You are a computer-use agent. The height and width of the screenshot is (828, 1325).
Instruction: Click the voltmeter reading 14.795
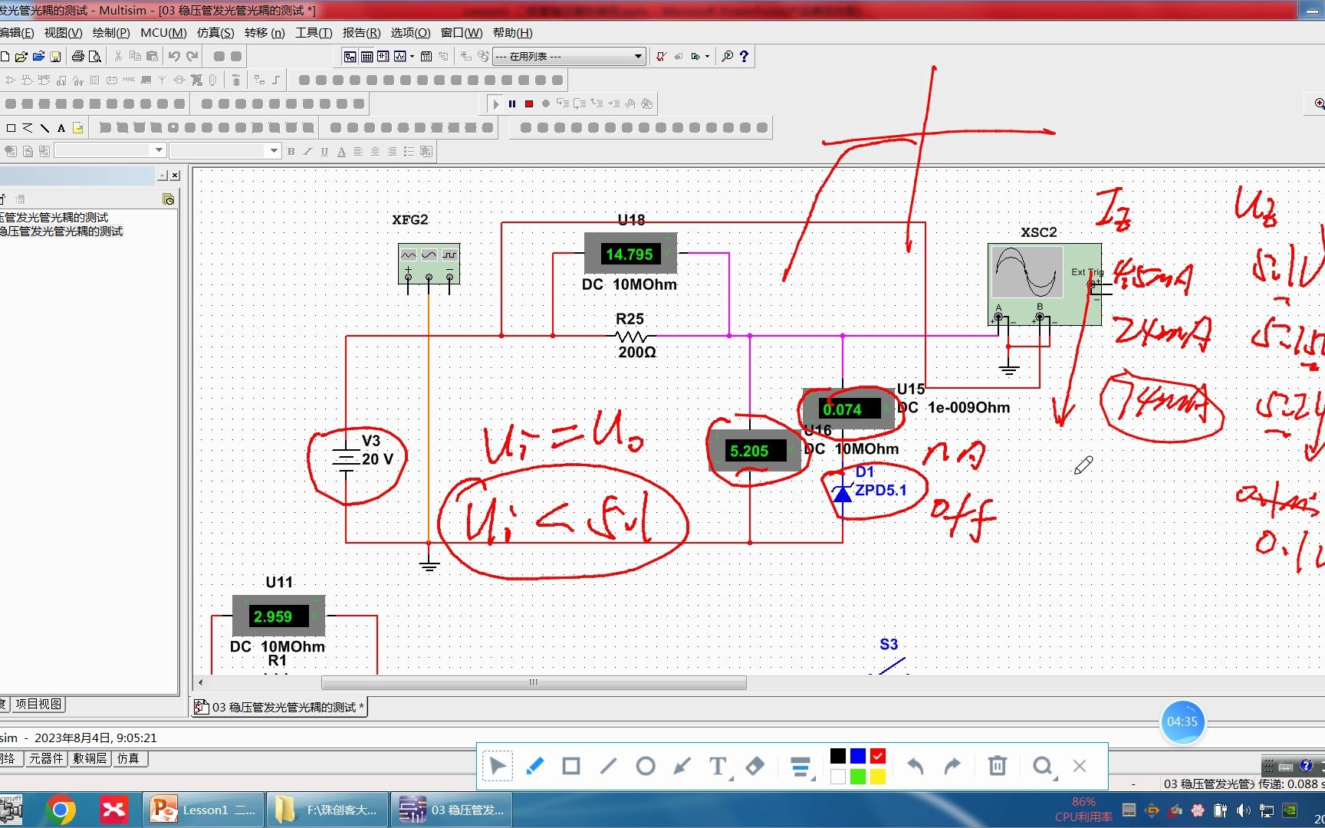point(630,254)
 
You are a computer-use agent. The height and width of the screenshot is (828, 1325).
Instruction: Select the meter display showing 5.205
point(749,451)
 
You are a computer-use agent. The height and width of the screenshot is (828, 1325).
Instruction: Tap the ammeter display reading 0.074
point(842,409)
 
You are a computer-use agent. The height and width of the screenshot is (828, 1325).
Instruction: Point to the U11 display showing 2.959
point(273,616)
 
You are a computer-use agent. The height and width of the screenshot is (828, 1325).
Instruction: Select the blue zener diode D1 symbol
point(843,494)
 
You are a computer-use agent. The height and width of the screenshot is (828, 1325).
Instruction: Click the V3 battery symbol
point(347,459)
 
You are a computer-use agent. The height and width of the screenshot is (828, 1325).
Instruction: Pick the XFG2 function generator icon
point(429,263)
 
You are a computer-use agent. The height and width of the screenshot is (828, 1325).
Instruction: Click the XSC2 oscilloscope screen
point(1027,271)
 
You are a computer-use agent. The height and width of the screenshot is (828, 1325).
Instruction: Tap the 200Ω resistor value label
point(637,353)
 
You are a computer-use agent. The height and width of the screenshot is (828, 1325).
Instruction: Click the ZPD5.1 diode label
point(881,490)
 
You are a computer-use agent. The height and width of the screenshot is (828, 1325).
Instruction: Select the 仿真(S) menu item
point(215,33)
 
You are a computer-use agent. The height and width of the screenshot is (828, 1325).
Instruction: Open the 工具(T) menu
point(314,33)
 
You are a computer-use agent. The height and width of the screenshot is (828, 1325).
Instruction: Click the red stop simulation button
point(529,103)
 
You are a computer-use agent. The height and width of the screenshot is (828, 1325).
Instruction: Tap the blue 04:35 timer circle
point(1182,722)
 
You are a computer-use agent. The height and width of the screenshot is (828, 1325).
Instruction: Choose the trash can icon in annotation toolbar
point(997,766)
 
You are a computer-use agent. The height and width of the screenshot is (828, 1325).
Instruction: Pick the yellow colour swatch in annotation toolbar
point(877,777)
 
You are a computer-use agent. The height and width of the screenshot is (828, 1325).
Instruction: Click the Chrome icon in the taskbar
point(61,810)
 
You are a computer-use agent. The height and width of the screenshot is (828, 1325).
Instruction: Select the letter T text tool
point(718,766)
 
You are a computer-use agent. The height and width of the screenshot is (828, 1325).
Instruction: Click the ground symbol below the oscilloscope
point(1008,371)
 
